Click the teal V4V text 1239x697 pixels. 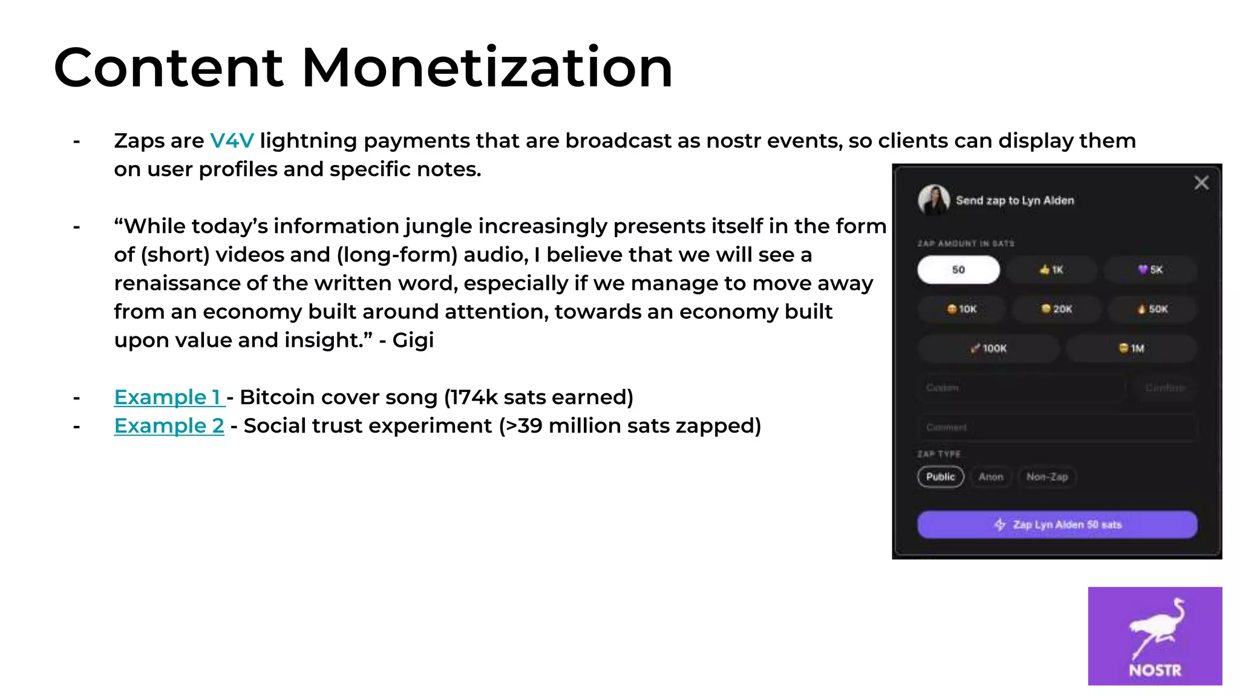click(x=232, y=141)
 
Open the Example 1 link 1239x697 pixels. click(x=168, y=398)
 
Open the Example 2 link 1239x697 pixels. click(x=169, y=426)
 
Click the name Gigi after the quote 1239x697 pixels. click(x=413, y=340)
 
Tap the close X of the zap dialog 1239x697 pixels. click(x=1201, y=183)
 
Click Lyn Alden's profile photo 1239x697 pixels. click(x=933, y=200)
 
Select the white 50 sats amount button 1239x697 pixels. click(x=958, y=270)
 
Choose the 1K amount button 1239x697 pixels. click(x=1051, y=270)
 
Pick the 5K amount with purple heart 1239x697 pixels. click(x=1150, y=270)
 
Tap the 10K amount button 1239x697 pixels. click(x=961, y=309)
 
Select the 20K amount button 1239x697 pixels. click(x=1056, y=309)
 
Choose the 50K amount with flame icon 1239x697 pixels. click(x=1152, y=309)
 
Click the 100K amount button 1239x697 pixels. click(x=989, y=348)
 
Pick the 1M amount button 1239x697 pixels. click(x=1131, y=348)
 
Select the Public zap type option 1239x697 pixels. click(x=940, y=477)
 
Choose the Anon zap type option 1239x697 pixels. click(x=990, y=477)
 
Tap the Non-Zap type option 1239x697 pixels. click(x=1047, y=477)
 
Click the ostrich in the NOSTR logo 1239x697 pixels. click(x=1156, y=629)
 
